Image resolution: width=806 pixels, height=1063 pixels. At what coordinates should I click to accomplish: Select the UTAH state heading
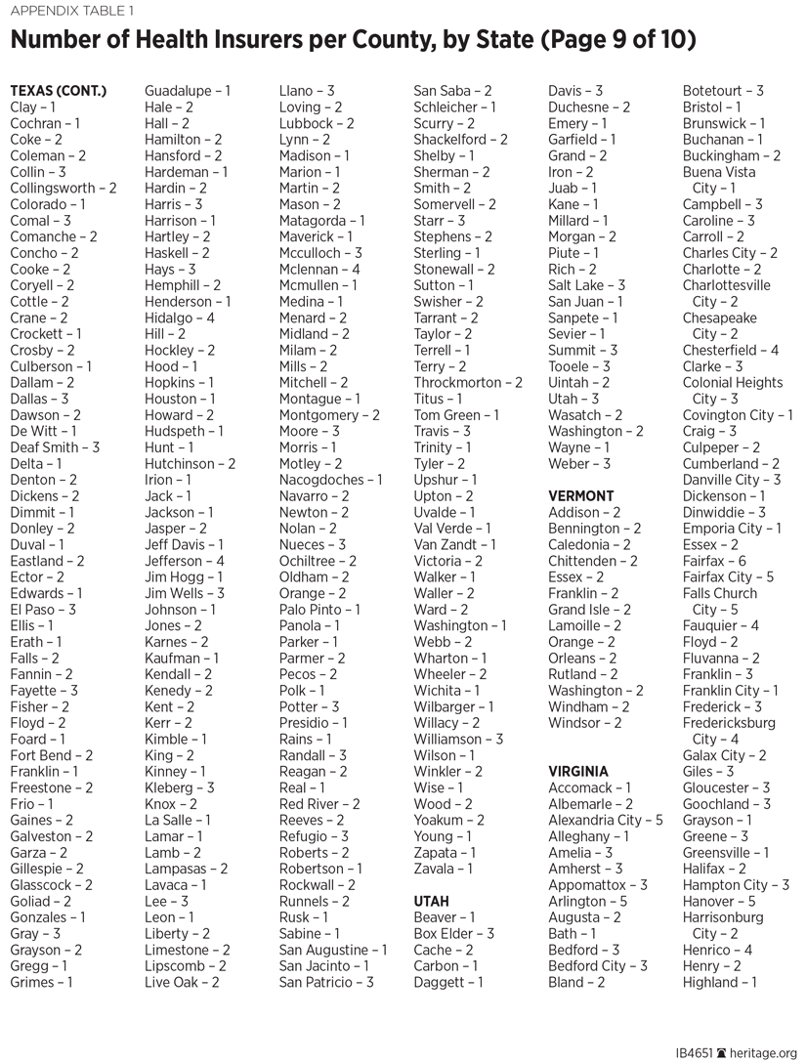[x=432, y=901]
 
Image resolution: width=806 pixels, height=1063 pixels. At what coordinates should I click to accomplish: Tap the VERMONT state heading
[x=581, y=496]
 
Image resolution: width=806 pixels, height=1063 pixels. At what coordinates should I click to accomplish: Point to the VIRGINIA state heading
[x=578, y=772]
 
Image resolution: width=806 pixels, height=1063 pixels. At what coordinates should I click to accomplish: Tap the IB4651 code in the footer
[x=696, y=1054]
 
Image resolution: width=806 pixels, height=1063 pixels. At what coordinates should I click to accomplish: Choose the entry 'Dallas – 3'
[x=39, y=399]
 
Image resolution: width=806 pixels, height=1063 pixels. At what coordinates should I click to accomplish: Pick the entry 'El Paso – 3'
[x=42, y=610]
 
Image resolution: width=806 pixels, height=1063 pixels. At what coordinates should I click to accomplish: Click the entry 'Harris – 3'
[x=173, y=204]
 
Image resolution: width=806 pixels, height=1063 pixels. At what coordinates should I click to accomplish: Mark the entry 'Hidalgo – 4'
[x=179, y=318]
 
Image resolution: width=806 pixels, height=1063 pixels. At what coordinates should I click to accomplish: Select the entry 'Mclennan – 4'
[x=319, y=269]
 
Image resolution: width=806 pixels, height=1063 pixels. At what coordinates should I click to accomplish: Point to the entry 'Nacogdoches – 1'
[x=330, y=480]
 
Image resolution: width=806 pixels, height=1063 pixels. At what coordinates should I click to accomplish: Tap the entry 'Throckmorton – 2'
[x=467, y=383]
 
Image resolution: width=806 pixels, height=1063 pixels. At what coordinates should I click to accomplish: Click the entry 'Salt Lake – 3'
[x=586, y=285]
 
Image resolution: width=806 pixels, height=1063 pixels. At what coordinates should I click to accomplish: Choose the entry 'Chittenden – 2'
[x=592, y=561]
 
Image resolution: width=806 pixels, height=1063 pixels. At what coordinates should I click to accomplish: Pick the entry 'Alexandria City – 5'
[x=605, y=820]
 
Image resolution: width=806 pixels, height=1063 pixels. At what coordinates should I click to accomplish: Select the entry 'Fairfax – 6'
[x=713, y=561]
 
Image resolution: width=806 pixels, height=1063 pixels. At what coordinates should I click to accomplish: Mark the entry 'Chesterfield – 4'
[x=730, y=350]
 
